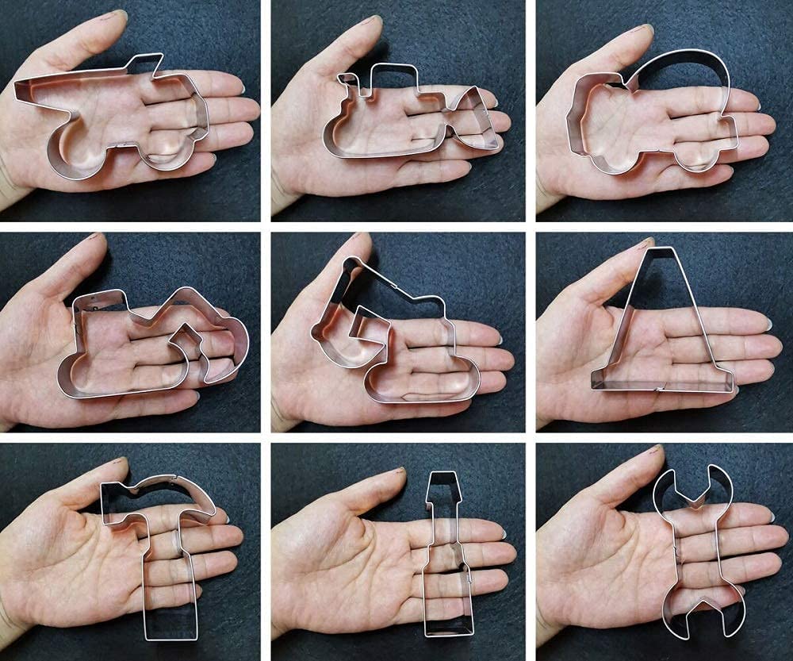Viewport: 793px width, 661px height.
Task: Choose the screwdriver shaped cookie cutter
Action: (x=446, y=555)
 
